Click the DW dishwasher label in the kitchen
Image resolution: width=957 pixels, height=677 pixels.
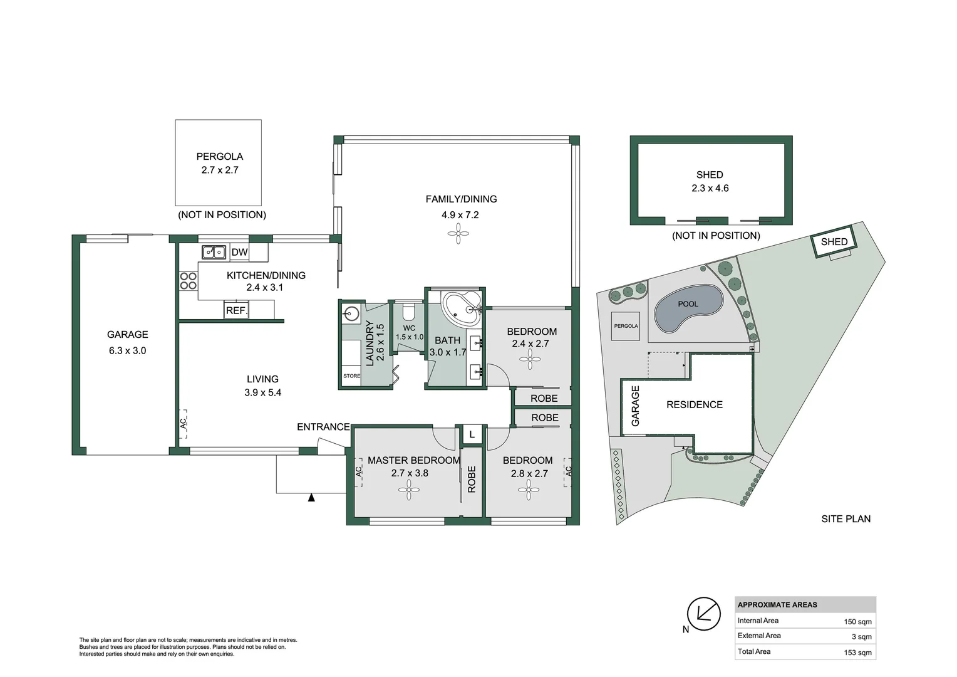[239, 252]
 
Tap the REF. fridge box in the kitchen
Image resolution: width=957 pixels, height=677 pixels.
[237, 310]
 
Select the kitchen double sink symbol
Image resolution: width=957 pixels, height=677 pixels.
[214, 252]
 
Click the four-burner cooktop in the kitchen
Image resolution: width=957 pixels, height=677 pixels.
[188, 281]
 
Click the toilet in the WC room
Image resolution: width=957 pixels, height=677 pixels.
[408, 311]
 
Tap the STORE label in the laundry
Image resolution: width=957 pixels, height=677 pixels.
[351, 376]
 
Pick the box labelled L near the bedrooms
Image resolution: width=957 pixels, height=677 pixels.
[472, 434]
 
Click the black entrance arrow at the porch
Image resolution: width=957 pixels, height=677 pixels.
[311, 498]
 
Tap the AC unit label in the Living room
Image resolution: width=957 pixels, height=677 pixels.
[183, 423]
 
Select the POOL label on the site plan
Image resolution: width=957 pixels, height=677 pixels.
[688, 304]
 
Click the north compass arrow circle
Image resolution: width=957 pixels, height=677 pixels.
[703, 613]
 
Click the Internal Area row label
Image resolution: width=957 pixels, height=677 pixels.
[758, 621]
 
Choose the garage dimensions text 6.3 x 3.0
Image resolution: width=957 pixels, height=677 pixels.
[127, 351]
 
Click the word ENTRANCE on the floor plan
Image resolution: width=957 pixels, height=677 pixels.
[323, 427]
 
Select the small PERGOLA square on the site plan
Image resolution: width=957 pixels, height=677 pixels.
[626, 326]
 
